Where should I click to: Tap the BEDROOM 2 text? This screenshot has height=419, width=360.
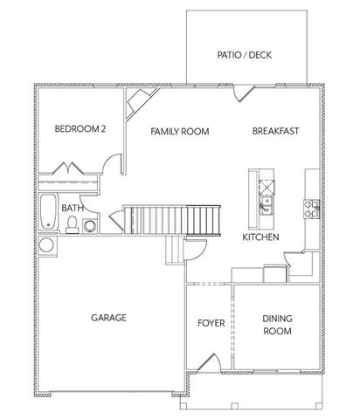pyautogui.click(x=80, y=129)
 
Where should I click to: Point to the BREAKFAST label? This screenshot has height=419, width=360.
pyautogui.click(x=276, y=131)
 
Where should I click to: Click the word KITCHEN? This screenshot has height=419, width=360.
pyautogui.click(x=260, y=237)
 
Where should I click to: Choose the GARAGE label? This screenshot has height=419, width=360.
pyautogui.click(x=109, y=318)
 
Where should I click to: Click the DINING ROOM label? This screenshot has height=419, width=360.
pyautogui.click(x=277, y=325)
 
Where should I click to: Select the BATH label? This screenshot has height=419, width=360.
pyautogui.click(x=73, y=209)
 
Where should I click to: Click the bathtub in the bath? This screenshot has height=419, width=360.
pyautogui.click(x=48, y=213)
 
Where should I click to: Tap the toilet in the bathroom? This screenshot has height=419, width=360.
pyautogui.click(x=72, y=225)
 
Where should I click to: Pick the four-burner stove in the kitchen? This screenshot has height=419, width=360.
pyautogui.click(x=310, y=207)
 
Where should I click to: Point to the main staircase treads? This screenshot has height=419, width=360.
pyautogui.click(x=170, y=217)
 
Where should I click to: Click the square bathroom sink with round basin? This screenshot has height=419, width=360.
pyautogui.click(x=90, y=225)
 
